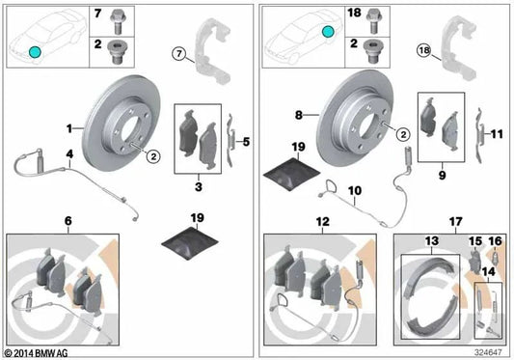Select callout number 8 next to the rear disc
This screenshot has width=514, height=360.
[299, 115]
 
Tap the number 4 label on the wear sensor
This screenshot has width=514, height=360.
[68, 153]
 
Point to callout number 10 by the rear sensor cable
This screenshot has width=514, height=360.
[354, 190]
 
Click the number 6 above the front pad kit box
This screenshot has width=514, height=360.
[67, 221]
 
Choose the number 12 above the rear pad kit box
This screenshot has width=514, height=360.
[318, 221]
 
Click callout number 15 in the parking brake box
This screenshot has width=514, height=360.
[473, 239]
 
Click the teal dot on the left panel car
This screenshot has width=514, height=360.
[34, 52]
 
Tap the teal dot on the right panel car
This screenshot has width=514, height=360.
[327, 32]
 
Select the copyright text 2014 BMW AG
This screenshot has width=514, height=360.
[39, 353]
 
